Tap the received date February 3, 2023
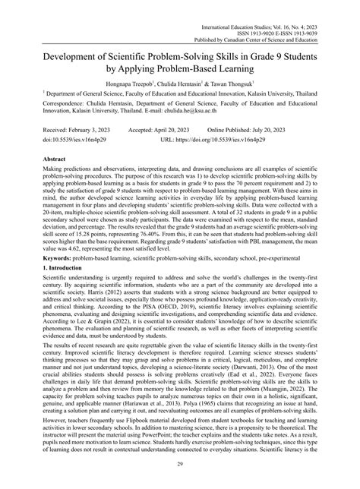(77, 129)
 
